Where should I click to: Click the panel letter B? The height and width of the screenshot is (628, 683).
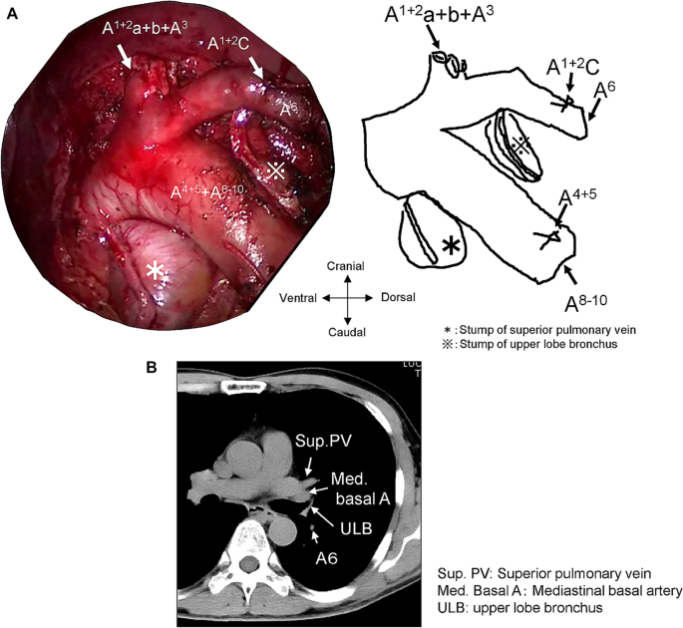(153, 368)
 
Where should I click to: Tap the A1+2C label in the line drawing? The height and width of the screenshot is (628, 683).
(572, 68)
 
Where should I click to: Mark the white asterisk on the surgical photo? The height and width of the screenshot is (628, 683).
(155, 270)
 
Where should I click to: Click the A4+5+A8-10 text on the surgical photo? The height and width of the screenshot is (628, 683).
(210, 189)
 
